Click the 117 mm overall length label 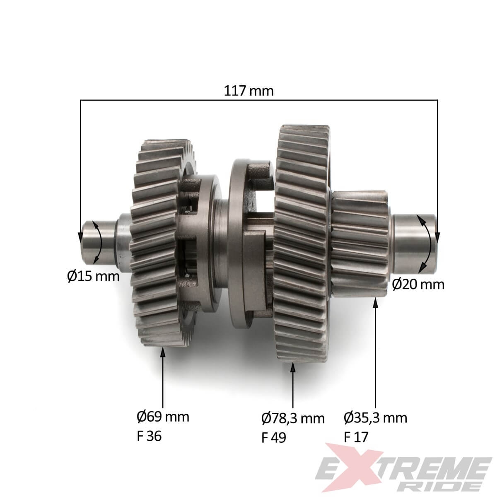point(248,91)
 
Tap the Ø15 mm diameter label point(93,276)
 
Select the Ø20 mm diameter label point(418,285)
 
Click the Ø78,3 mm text point(293,418)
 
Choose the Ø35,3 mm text point(375,418)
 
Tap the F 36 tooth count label point(149,436)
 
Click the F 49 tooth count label point(273,437)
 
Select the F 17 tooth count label point(356,437)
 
